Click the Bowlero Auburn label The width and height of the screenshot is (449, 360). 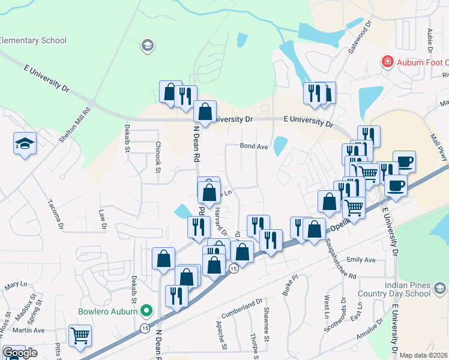click(x=107, y=311)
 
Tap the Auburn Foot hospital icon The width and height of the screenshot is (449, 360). click(x=388, y=62)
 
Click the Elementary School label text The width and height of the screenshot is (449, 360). click(x=33, y=41)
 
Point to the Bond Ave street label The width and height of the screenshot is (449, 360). click(x=253, y=146)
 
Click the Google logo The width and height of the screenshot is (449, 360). click(x=19, y=353)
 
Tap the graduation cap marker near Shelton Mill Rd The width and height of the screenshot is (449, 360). click(x=25, y=143)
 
